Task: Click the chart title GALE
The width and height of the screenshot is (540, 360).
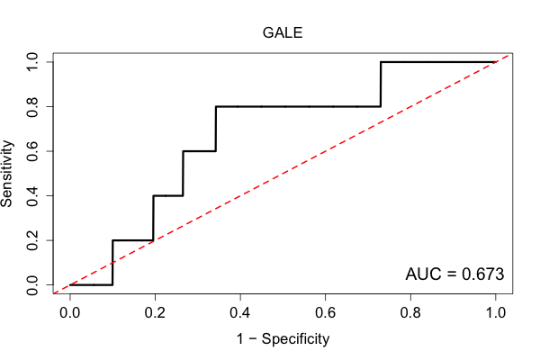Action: (x=283, y=33)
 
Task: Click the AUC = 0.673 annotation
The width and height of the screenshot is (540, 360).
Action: (x=454, y=274)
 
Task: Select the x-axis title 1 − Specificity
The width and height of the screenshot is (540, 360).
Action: (x=283, y=339)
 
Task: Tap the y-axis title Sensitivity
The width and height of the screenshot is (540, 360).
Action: (x=7, y=174)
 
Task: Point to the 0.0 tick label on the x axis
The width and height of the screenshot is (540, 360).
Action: (x=70, y=313)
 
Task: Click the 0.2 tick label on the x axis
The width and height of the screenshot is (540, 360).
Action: (x=155, y=313)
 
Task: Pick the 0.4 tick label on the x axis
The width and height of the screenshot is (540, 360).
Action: (x=240, y=313)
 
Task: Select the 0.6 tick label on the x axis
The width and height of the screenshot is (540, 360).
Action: (x=325, y=313)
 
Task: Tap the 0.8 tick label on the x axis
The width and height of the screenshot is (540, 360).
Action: (x=410, y=313)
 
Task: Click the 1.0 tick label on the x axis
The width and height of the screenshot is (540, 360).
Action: (x=496, y=313)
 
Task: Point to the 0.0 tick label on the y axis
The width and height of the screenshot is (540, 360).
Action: (x=32, y=285)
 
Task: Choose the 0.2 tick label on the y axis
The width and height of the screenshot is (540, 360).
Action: (x=32, y=240)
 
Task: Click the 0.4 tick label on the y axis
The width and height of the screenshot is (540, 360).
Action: (x=32, y=195)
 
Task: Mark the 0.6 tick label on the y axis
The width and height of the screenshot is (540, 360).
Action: (x=32, y=151)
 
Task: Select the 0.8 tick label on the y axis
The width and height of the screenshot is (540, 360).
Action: (x=32, y=106)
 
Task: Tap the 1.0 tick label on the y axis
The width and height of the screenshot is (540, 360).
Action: (x=32, y=62)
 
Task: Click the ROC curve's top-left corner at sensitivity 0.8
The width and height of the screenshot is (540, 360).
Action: (x=216, y=107)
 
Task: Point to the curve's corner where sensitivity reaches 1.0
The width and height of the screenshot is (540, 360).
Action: (x=381, y=62)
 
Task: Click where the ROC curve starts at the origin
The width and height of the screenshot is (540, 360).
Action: (x=70, y=285)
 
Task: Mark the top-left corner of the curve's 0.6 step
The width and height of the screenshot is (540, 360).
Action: (x=183, y=151)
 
